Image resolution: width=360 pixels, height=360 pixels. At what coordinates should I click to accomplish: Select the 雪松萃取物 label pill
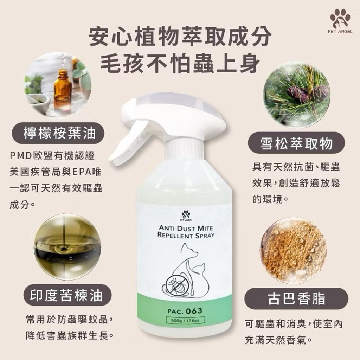tap(296, 143)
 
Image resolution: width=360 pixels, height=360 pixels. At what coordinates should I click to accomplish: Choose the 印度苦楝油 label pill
tap(67, 295)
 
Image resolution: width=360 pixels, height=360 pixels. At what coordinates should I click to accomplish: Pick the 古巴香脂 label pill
tap(296, 299)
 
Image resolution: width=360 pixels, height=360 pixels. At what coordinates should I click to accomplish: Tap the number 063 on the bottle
tap(194, 311)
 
